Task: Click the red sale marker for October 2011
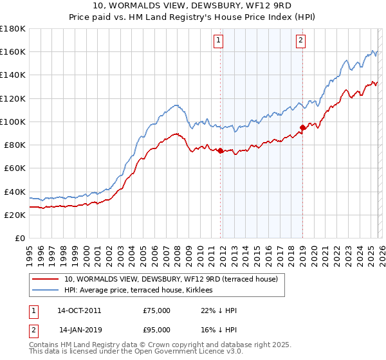click(x=220, y=151)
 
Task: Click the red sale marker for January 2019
click(x=302, y=128)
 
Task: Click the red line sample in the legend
click(x=46, y=279)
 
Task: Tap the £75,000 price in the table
click(x=157, y=310)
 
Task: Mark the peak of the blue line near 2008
click(x=175, y=105)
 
